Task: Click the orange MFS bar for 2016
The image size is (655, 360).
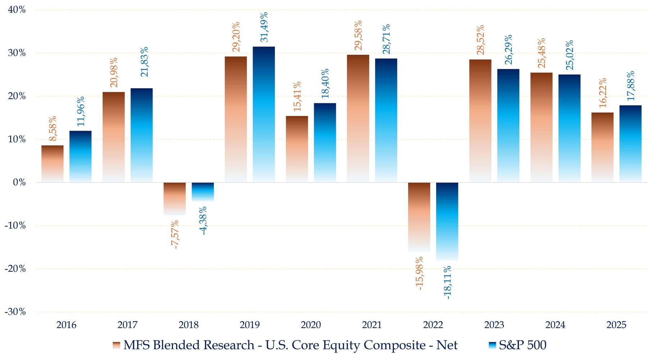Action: (53, 164)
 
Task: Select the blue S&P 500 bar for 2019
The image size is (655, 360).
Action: (264, 114)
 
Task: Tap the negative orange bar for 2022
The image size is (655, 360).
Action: (419, 217)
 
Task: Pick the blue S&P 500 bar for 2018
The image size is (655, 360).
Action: (203, 192)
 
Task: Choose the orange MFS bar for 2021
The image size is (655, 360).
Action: (358, 118)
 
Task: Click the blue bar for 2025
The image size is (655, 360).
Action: (631, 144)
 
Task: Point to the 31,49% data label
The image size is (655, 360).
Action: (264, 27)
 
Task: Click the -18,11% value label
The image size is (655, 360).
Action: (447, 283)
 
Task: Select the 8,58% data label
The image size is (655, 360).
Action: (53, 129)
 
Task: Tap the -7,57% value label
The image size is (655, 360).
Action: (175, 235)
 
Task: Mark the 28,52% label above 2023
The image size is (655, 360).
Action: (480, 40)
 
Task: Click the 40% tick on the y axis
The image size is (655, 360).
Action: (17, 10)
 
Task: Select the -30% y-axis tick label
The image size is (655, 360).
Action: (15, 312)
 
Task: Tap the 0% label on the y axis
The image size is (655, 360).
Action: (19, 183)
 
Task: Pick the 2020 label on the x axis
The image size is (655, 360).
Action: (311, 325)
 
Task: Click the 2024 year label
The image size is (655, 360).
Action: (555, 325)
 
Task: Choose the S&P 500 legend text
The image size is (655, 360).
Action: (523, 345)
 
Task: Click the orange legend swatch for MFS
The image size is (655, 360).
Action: (116, 345)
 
